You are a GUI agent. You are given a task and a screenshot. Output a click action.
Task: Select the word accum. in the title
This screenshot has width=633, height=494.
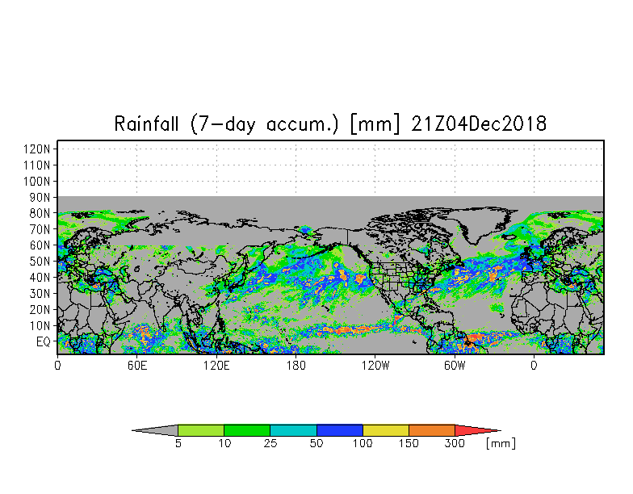pyautogui.click(x=304, y=124)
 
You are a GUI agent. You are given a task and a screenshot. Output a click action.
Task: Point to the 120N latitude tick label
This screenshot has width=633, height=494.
pyautogui.click(x=39, y=149)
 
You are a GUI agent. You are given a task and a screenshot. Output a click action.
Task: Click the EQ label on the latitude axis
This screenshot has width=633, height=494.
pyautogui.click(x=44, y=341)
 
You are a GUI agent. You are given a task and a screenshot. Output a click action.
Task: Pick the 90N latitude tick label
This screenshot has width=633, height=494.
pyautogui.click(x=41, y=197)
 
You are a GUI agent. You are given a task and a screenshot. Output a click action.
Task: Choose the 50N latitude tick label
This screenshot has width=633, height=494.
pyautogui.click(x=41, y=262)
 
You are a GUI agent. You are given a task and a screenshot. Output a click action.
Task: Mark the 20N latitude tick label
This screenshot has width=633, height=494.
pyautogui.click(x=41, y=309)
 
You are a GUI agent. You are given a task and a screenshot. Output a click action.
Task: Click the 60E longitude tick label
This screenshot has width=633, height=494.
pyautogui.click(x=136, y=365)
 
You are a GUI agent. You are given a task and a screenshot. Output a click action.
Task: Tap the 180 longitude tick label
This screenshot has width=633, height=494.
pyautogui.click(x=296, y=365)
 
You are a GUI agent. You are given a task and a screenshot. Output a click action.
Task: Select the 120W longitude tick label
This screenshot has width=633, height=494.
pyautogui.click(x=375, y=365)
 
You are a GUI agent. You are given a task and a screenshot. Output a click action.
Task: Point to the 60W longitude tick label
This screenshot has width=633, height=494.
pyautogui.click(x=455, y=365)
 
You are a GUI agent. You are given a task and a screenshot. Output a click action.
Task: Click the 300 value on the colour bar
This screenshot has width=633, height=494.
pyautogui.click(x=455, y=443)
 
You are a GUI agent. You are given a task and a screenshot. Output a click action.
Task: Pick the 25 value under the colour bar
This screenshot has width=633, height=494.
pyautogui.click(x=270, y=443)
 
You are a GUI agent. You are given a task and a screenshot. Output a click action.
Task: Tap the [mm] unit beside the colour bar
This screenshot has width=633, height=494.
pyautogui.click(x=501, y=443)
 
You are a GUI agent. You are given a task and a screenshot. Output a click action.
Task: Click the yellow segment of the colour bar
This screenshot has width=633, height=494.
pyautogui.click(x=386, y=431)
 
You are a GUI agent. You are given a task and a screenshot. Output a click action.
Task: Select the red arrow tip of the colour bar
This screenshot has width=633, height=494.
pyautogui.click(x=476, y=431)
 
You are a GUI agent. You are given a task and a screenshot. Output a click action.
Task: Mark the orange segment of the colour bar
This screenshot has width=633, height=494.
pyautogui.click(x=432, y=431)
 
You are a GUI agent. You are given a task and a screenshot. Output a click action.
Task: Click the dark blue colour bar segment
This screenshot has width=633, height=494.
pyautogui.click(x=340, y=431)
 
